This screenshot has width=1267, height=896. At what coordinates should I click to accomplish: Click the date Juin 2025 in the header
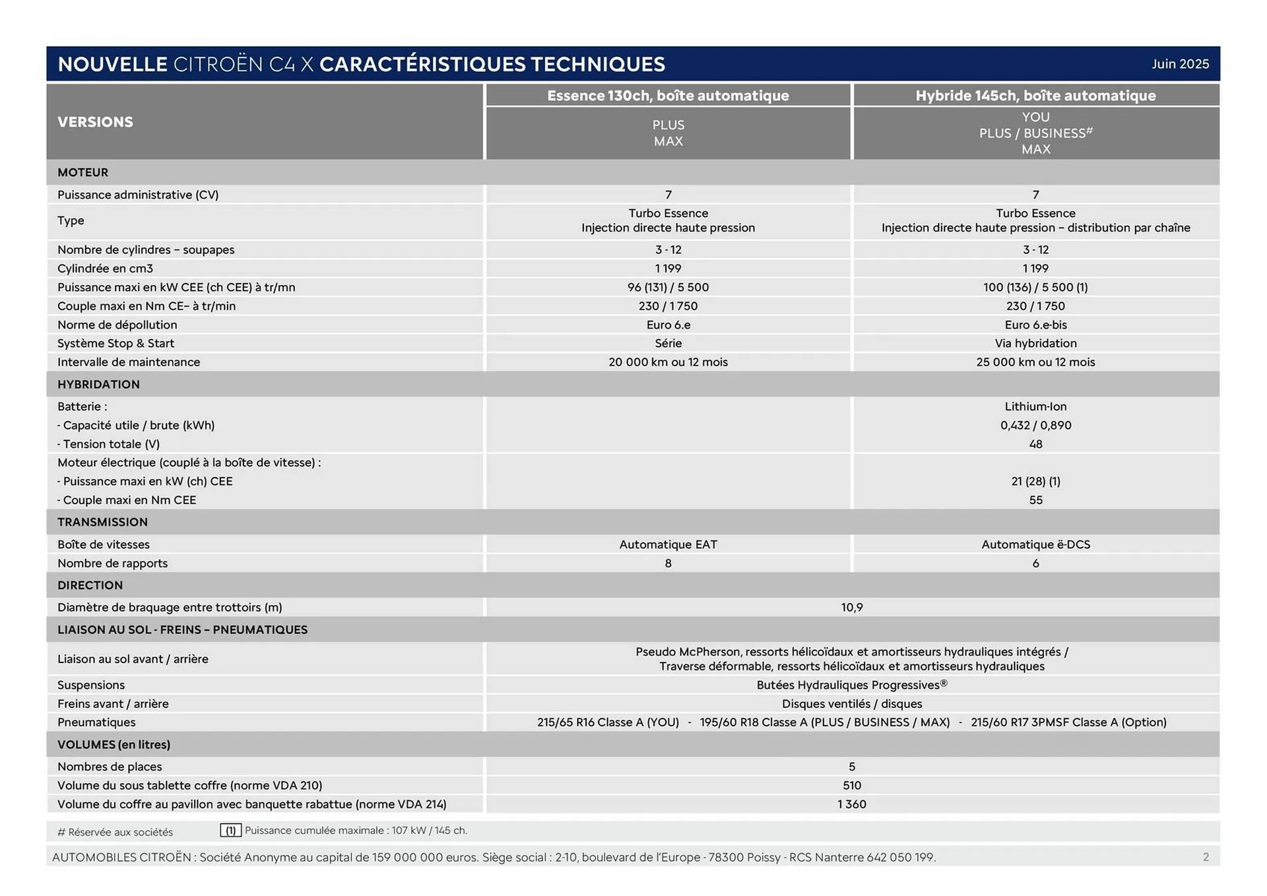[x=1180, y=64]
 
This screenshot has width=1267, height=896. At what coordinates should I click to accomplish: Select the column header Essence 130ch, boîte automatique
[x=668, y=96]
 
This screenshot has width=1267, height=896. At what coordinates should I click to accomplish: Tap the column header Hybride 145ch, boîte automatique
[x=1035, y=96]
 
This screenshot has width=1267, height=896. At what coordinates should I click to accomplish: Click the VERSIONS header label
[x=95, y=122]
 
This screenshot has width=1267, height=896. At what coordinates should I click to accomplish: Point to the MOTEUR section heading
[x=82, y=172]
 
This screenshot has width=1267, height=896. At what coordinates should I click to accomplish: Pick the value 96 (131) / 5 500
[x=668, y=287]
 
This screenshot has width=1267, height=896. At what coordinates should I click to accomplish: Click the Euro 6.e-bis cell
[x=1035, y=325]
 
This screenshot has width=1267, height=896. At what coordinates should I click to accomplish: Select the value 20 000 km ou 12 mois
[x=668, y=362]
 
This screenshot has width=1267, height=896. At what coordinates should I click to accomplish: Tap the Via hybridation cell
[x=1035, y=343]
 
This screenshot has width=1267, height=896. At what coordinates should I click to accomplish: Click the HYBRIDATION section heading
[x=98, y=384]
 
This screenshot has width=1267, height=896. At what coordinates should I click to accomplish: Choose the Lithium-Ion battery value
[x=1035, y=406]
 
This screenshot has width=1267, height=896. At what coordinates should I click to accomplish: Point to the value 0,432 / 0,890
[x=1035, y=425]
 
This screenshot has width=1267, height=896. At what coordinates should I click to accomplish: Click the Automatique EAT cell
[x=668, y=544]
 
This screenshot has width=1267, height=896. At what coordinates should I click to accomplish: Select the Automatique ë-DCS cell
[x=1035, y=544]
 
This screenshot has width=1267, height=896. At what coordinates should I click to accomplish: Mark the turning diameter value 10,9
[x=851, y=607]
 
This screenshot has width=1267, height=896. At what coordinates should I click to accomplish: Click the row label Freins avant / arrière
[x=113, y=703]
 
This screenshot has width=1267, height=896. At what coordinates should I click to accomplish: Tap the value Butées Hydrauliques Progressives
[x=851, y=685]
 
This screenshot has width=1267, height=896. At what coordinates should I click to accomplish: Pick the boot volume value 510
[x=851, y=785]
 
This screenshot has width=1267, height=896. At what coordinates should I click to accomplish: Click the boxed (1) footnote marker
[x=231, y=831]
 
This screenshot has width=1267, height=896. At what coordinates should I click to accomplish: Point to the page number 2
[x=1206, y=857]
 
